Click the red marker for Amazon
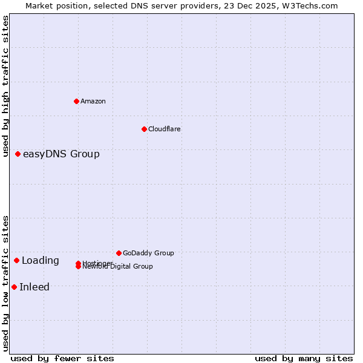[76, 101]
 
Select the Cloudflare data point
[144, 129]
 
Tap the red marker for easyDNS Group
[18, 154]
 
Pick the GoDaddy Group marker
[119, 253]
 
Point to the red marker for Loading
[17, 260]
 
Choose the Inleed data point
[14, 287]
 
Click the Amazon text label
[93, 101]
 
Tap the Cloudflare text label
[164, 129]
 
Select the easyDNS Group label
[61, 154]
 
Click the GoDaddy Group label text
[148, 253]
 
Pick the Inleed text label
[34, 287]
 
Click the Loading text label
[41, 260]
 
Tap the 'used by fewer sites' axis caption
[62, 358]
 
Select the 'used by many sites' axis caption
[304, 358]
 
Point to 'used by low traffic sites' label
[5, 283]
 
